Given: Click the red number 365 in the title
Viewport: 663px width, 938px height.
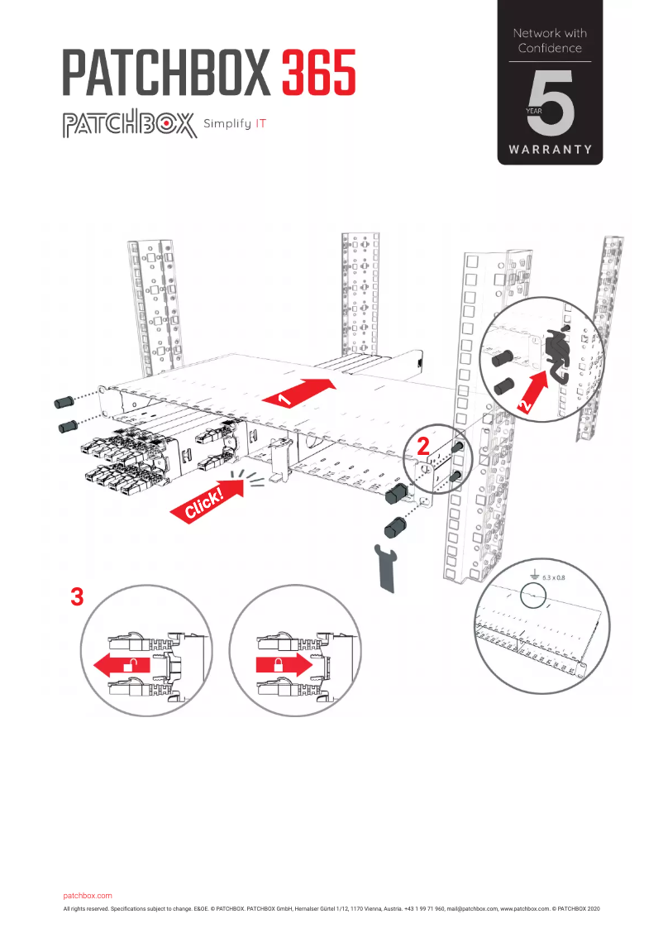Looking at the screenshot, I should [x=319, y=72].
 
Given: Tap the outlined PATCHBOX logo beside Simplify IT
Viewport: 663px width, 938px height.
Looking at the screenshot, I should [x=128, y=126].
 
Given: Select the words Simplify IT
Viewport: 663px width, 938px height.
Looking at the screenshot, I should [x=235, y=126].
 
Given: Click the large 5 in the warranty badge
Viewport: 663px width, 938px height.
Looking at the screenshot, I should [x=552, y=105].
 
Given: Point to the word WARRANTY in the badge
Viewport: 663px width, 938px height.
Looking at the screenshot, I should [x=550, y=150].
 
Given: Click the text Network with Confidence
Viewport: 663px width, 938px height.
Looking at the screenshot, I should [x=550, y=41].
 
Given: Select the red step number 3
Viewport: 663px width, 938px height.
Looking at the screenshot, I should [x=77, y=597].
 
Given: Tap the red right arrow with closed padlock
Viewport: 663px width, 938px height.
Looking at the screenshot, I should [x=284, y=664].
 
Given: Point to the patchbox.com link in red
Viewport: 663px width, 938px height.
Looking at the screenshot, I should [x=87, y=896].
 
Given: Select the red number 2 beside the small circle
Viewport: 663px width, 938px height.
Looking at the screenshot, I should [x=423, y=447].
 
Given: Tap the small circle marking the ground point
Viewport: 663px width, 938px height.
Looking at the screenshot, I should [x=533, y=597].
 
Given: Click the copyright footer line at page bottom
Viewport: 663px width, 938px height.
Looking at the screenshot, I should [x=331, y=908].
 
